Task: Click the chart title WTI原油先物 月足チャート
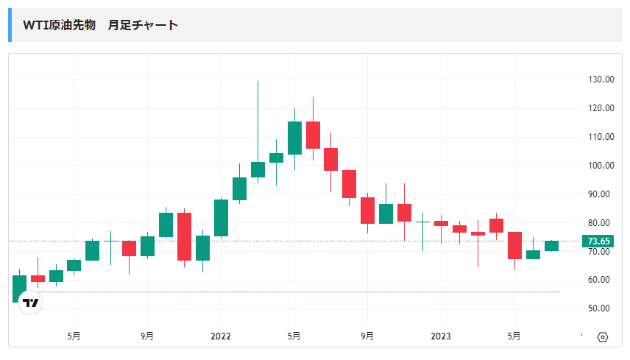[x=101, y=25]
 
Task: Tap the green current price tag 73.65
[x=597, y=241]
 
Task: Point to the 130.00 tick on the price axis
[x=601, y=80]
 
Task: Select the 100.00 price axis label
[x=601, y=166]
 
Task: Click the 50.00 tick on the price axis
[x=601, y=308]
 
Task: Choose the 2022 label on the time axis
[x=221, y=336]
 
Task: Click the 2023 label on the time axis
[x=441, y=336]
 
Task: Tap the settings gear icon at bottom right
[x=603, y=337]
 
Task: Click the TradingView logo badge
[x=30, y=303]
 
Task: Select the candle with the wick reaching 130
[x=258, y=169]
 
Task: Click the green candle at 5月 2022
[x=294, y=138]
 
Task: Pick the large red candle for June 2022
[x=313, y=135]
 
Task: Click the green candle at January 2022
[x=221, y=218]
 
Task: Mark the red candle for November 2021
[x=184, y=236]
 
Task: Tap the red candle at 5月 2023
[x=514, y=245]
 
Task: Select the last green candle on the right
[x=551, y=246]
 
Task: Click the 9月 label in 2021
[x=147, y=336]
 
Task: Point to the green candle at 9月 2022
[x=386, y=213]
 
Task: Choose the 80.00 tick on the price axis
[x=601, y=223]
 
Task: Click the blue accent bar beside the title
[x=10, y=25]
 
